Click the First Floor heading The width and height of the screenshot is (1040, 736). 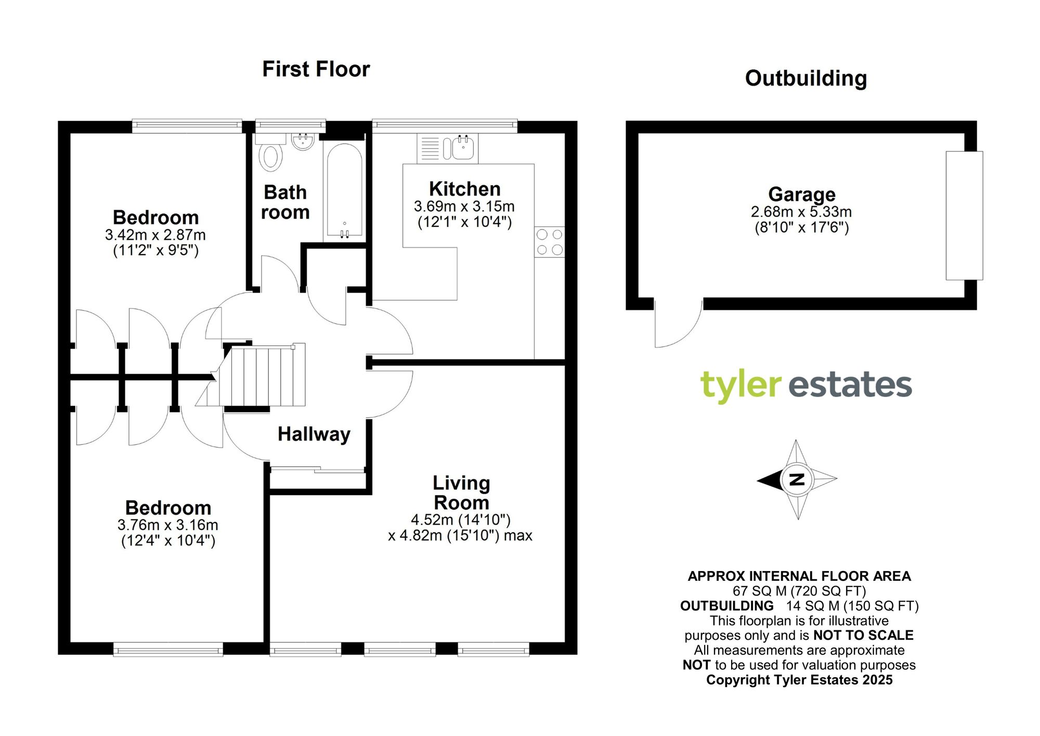tap(316, 69)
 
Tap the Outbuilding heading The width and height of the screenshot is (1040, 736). tap(805, 79)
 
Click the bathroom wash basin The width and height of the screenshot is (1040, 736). tap(303, 141)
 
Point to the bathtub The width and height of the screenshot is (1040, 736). tap(343, 190)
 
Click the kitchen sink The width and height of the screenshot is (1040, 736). tap(462, 148)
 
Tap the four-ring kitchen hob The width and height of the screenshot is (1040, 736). tap(550, 242)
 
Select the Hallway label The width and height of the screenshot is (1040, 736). tap(314, 434)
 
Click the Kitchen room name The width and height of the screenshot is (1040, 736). tap(464, 189)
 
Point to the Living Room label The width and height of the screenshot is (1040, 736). tap(461, 493)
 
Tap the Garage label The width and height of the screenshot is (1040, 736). tap(802, 194)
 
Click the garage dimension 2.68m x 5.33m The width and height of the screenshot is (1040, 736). tap(801, 212)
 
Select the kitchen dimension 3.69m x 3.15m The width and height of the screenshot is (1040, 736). tap(464, 207)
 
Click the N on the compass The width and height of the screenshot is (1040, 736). tap(797, 479)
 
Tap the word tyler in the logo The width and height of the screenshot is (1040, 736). tap(740, 386)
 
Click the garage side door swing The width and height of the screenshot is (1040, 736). tap(676, 325)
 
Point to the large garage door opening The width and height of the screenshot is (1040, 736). tap(964, 215)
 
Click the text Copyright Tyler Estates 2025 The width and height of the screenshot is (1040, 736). tap(799, 680)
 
